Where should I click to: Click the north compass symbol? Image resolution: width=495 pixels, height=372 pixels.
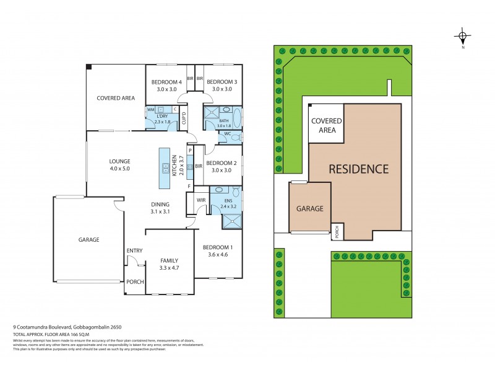tap(463, 35)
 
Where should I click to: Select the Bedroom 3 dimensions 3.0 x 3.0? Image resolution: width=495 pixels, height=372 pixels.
tap(221, 90)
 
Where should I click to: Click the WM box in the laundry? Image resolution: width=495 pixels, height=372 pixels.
tap(150, 110)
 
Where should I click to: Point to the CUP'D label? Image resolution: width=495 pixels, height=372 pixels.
tap(184, 118)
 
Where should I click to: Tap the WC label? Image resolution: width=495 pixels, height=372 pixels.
tap(228, 134)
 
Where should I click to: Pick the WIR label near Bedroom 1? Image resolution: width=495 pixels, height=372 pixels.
tap(200, 201)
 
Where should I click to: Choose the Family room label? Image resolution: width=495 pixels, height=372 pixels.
tap(169, 260)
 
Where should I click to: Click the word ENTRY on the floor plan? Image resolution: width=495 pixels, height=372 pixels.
tap(134, 250)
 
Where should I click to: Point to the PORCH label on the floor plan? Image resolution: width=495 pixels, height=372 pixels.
tap(134, 281)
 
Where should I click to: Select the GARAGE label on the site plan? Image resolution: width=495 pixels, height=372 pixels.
tap(309, 209)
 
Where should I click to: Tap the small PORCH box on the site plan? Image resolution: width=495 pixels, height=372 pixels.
tap(337, 231)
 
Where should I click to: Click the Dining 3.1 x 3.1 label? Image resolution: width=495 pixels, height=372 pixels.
tap(160, 208)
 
